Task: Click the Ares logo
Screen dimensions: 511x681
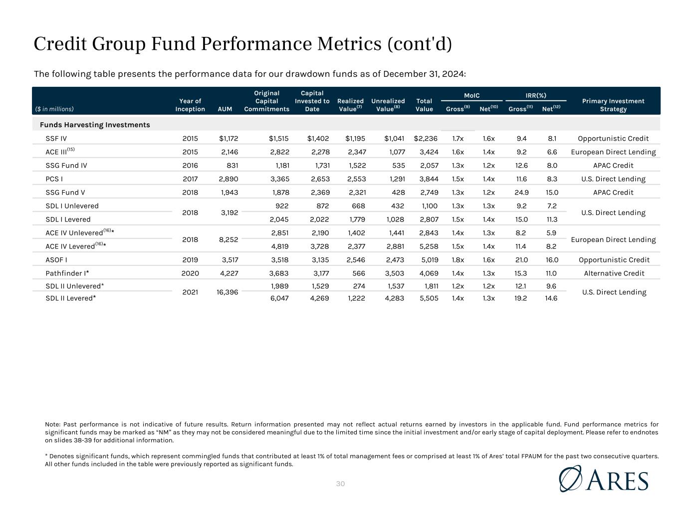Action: click(604, 479)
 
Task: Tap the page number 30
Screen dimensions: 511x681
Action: click(341, 484)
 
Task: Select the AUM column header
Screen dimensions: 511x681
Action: click(225, 109)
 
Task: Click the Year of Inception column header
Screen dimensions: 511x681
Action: click(190, 105)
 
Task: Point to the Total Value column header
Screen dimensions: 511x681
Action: click(424, 105)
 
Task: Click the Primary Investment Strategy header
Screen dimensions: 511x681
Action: click(613, 105)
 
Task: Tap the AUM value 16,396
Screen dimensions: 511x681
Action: click(227, 292)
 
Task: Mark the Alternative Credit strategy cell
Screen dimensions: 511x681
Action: click(614, 273)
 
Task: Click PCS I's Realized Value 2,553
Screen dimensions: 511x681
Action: click(356, 179)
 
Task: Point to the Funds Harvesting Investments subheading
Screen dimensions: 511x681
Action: click(95, 125)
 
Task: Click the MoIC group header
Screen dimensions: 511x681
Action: click(472, 95)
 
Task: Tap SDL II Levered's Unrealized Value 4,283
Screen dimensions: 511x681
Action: click(394, 298)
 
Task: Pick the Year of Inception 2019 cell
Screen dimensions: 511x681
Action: click(190, 259)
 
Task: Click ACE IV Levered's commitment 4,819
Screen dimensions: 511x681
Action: click(279, 246)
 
